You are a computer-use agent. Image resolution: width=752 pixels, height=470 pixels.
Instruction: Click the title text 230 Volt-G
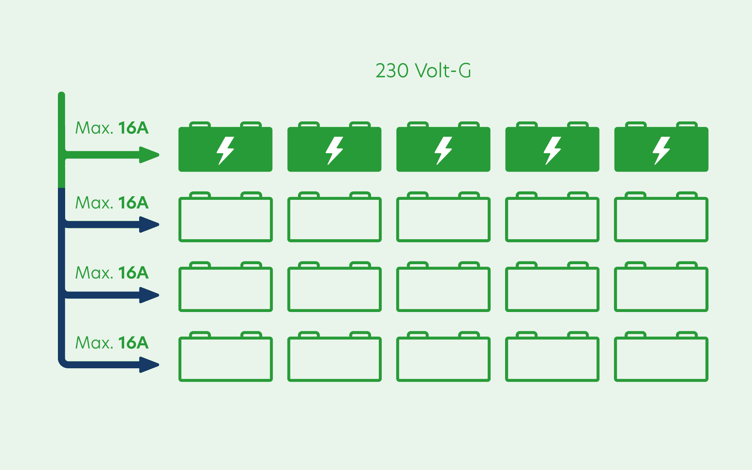point(423,71)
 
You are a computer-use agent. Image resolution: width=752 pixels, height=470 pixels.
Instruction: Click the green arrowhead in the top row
point(149,155)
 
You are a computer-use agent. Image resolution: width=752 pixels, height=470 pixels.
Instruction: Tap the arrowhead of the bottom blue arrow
point(149,365)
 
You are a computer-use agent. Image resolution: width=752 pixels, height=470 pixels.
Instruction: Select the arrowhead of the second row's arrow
point(149,224)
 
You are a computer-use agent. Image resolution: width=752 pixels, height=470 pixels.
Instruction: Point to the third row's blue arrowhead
point(149,295)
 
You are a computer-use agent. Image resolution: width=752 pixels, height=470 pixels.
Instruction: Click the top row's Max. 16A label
point(112,128)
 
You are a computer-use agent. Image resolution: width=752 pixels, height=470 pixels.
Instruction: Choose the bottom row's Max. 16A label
point(112,343)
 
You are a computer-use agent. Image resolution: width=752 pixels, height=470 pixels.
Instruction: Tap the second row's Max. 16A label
point(112,203)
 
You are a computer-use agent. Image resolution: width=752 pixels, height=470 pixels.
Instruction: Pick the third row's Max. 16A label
point(112,273)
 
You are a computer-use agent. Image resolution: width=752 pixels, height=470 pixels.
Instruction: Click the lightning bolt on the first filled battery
point(225,150)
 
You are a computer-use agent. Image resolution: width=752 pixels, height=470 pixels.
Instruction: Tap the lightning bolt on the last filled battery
point(661,150)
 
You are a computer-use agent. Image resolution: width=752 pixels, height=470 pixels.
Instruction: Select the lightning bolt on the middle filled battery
point(443,150)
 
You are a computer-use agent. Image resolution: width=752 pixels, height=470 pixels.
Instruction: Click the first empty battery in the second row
point(226,219)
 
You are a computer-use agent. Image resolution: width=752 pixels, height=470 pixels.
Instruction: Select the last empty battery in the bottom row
point(661,359)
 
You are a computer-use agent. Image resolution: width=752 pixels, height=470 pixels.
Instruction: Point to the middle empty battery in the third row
point(443,289)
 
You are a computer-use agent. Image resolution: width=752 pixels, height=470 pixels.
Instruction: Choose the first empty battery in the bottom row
point(226,359)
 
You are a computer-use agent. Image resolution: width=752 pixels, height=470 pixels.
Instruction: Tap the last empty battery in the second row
point(661,219)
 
